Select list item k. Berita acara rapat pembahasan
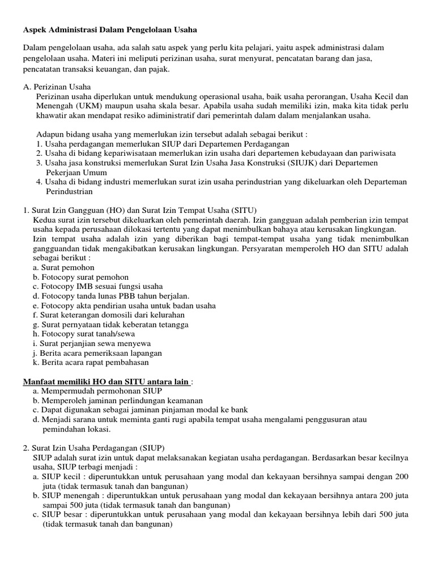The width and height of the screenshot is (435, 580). pyautogui.click(x=91, y=362)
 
